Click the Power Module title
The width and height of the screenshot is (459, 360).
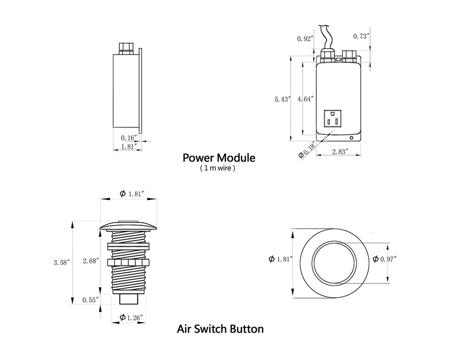point(219,158)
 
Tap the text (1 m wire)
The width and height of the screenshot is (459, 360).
point(218,169)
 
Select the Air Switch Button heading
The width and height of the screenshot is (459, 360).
point(220,329)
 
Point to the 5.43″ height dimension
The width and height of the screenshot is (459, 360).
point(282,99)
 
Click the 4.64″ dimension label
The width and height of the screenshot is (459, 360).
point(306,99)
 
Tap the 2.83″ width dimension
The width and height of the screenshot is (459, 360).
point(340,151)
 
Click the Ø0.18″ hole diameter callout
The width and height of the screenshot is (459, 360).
point(308,150)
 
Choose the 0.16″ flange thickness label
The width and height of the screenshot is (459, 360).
point(129,137)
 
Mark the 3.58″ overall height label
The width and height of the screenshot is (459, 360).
point(61,263)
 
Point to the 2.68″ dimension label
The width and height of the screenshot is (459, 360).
point(90,261)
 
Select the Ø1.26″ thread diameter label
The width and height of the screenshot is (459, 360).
point(131,317)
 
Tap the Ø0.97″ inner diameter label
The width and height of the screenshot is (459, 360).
point(385,259)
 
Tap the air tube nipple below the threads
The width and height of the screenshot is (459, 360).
point(129,298)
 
